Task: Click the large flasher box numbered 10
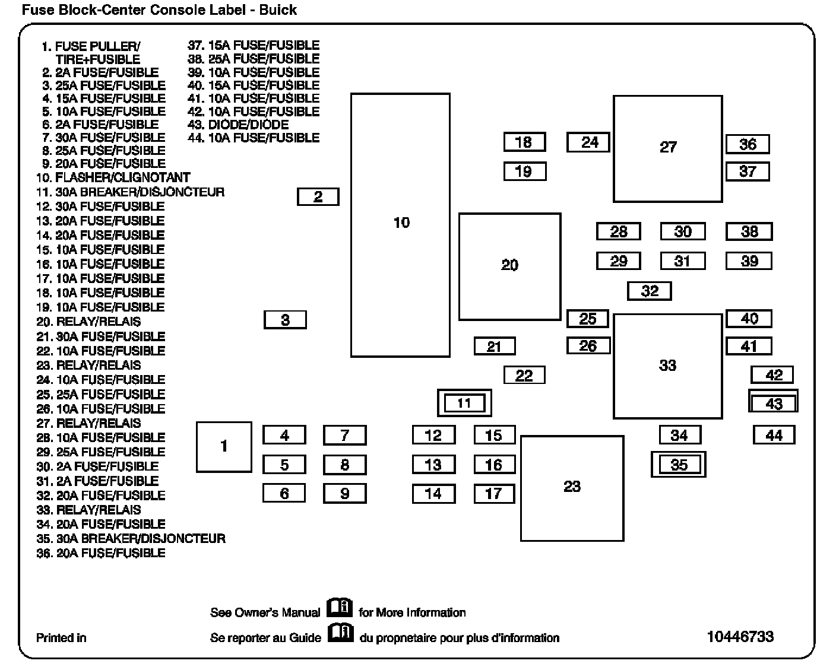pyautogui.click(x=400, y=225)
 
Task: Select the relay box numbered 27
pyautogui.click(x=667, y=148)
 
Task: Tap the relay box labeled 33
pyautogui.click(x=667, y=366)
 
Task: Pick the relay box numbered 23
pyautogui.click(x=572, y=488)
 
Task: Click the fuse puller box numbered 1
pyautogui.click(x=224, y=447)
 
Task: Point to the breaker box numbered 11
pyautogui.click(x=464, y=404)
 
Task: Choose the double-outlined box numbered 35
pyautogui.click(x=679, y=465)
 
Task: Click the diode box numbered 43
pyautogui.click(x=773, y=404)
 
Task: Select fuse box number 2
pyautogui.click(x=318, y=197)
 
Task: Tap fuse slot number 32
pyautogui.click(x=650, y=291)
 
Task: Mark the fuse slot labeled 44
pyautogui.click(x=774, y=435)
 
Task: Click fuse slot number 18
pyautogui.click(x=524, y=142)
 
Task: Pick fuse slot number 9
pyautogui.click(x=344, y=493)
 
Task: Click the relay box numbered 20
pyautogui.click(x=509, y=266)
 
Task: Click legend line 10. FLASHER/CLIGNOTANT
pyautogui.click(x=113, y=177)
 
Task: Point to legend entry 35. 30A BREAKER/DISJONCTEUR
pyautogui.click(x=131, y=539)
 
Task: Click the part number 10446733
pyautogui.click(x=740, y=637)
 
